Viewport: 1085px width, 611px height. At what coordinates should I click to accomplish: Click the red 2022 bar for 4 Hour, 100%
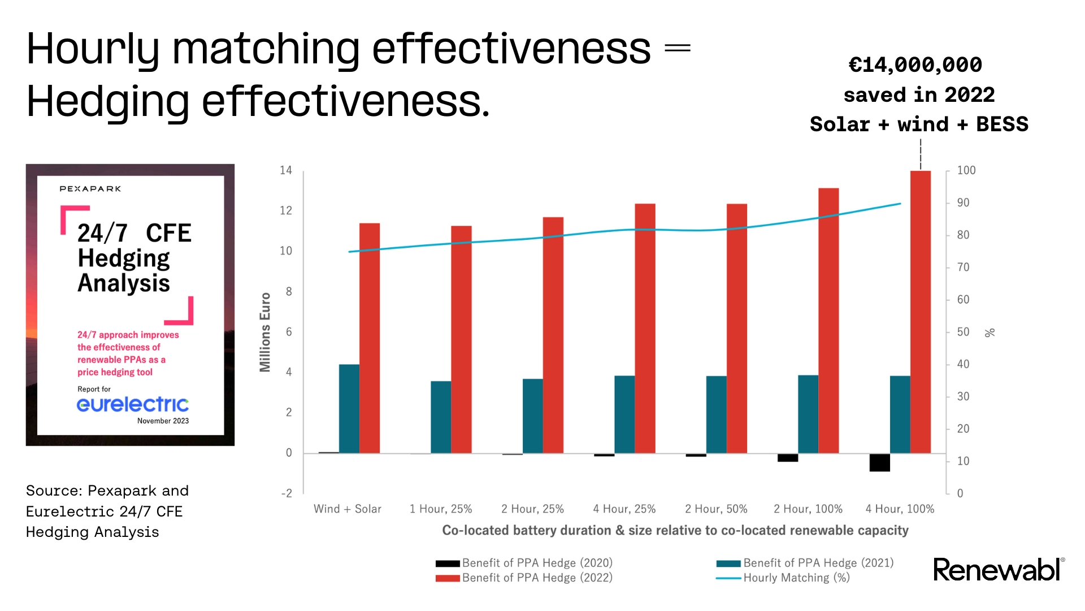[x=920, y=311]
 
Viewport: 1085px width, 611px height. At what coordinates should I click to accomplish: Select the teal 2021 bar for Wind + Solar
[x=349, y=408]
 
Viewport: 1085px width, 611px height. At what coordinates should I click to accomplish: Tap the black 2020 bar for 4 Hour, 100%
[x=879, y=462]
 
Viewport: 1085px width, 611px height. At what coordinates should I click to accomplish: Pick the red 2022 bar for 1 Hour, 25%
[x=461, y=339]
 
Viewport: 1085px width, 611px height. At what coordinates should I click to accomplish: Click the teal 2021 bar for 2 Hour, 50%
[x=716, y=414]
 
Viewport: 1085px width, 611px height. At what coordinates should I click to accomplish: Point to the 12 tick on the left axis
[x=286, y=210]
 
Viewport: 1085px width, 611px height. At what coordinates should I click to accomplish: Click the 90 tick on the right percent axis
[x=963, y=203]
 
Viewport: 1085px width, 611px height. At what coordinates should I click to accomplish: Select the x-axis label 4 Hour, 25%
[x=624, y=509]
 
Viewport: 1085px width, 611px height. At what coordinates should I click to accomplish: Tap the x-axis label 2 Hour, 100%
[x=808, y=509]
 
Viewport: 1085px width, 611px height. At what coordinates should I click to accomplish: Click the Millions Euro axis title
[x=265, y=332]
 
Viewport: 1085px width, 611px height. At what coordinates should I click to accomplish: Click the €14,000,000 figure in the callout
[x=915, y=64]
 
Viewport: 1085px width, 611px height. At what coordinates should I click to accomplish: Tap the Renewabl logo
[x=997, y=570]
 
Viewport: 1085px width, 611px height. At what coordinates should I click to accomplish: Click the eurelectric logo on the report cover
[x=133, y=404]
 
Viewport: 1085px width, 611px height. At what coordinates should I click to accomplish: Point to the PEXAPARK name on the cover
[x=90, y=189]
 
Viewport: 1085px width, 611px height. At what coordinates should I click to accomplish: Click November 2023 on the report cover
[x=163, y=421]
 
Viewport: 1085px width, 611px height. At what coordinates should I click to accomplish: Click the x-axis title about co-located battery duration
[x=675, y=530]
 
